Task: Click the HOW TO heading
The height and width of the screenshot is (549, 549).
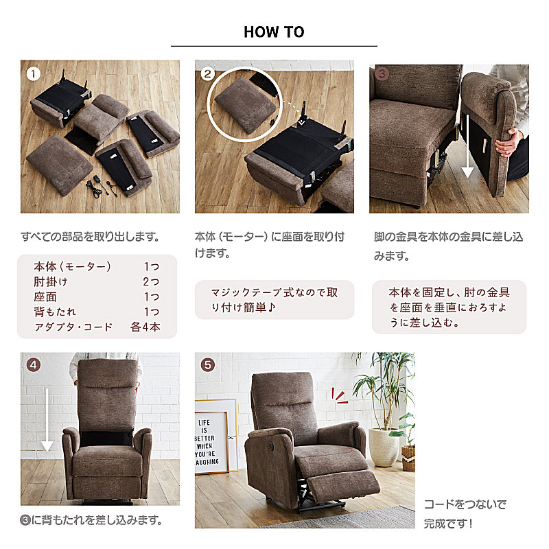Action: click(x=274, y=32)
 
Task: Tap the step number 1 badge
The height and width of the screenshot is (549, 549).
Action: click(x=34, y=73)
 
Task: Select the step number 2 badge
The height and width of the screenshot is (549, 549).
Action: click(x=208, y=73)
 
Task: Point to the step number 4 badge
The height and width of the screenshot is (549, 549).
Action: click(x=34, y=365)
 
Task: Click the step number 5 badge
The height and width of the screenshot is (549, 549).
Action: click(x=208, y=365)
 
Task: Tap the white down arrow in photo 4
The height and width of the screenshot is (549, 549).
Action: click(x=47, y=419)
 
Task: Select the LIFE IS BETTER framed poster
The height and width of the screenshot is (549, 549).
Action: click(x=212, y=442)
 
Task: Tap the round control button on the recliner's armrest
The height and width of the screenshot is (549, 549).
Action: click(x=272, y=445)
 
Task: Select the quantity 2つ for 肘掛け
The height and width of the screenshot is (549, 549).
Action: click(x=151, y=281)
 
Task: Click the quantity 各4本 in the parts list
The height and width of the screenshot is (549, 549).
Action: click(x=145, y=327)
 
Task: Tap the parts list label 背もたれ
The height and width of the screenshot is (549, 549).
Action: click(x=55, y=312)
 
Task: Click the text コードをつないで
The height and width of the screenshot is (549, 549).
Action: click(x=465, y=504)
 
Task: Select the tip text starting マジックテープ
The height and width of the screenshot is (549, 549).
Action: click(x=274, y=300)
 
